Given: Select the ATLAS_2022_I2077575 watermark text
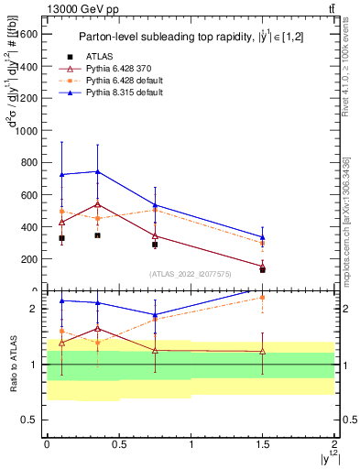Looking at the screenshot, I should pos(191,273).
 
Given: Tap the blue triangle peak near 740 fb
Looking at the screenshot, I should pos(97,171).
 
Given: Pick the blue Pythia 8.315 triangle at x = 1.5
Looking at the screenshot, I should pos(263,237).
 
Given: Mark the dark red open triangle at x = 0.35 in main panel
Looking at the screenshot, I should pos(97,204).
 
